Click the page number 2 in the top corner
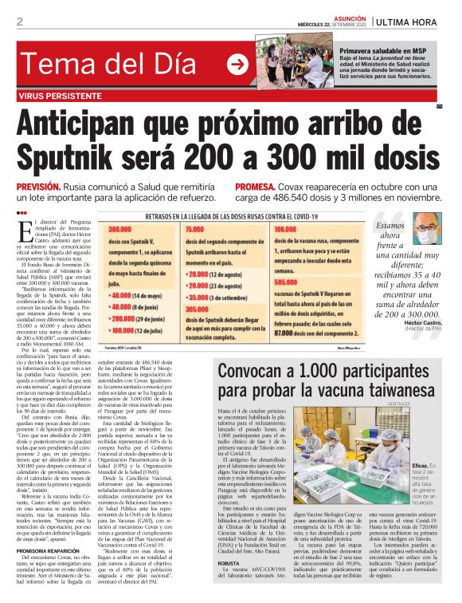pos(20,22)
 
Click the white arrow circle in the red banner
pos(237,64)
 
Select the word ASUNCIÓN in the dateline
pos(348,16)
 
